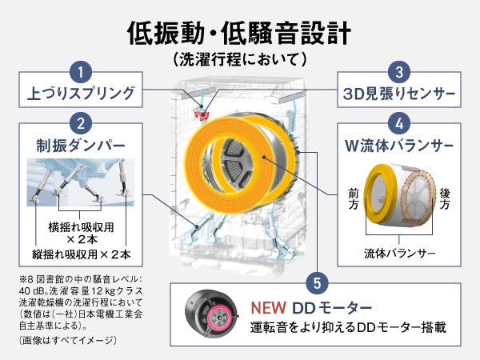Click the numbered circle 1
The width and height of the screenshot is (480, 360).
81,72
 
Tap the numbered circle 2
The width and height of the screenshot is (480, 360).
81,124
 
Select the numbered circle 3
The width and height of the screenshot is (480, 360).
399,72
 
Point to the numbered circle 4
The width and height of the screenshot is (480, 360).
399,124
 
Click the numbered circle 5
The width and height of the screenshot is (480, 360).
317,283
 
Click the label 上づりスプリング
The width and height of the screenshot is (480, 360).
81,94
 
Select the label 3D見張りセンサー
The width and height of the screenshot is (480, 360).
399,94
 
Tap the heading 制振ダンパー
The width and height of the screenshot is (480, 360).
81,146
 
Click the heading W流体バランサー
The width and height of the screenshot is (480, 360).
399,146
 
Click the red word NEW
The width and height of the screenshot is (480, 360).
269,308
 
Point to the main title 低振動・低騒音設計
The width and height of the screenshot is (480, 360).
239,33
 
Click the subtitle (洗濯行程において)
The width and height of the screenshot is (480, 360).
240,59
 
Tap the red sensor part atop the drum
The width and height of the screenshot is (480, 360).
201,115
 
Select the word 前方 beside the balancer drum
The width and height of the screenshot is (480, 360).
354,199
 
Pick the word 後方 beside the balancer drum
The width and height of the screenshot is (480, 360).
445,199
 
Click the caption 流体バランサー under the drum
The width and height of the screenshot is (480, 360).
399,253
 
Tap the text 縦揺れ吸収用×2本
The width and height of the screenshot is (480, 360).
82,254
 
